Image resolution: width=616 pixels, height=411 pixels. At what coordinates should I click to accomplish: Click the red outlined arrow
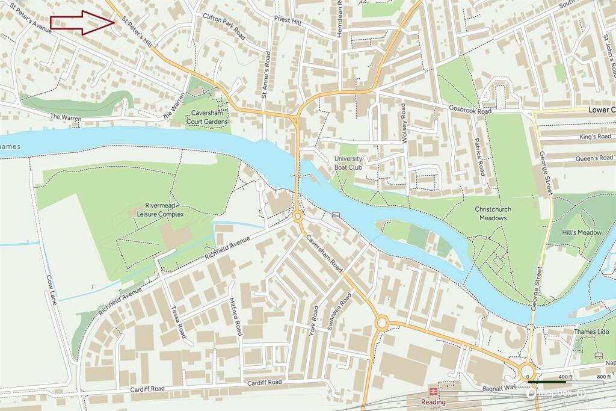[82, 23]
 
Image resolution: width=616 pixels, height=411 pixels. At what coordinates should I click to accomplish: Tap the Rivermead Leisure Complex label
[156, 209]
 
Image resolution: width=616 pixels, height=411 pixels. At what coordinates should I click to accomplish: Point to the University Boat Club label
[348, 162]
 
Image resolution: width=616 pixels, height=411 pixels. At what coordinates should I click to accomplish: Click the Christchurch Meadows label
[493, 213]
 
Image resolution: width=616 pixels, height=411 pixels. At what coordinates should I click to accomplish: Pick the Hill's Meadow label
[582, 232]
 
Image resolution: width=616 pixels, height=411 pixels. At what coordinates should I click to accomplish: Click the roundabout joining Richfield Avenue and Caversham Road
[298, 216]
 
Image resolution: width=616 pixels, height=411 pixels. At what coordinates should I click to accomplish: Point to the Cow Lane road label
[51, 289]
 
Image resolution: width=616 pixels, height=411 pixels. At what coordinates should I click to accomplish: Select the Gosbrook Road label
[470, 110]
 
